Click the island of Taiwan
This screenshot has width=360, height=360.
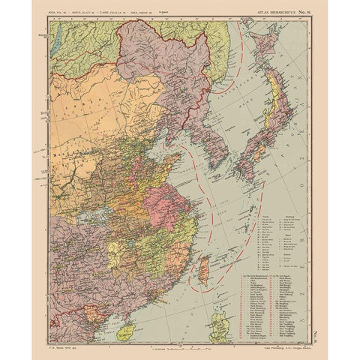pyautogui.click(x=203, y=270)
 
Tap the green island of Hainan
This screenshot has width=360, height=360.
pyautogui.click(x=128, y=331)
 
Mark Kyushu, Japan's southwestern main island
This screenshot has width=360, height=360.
pyautogui.click(x=244, y=169)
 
